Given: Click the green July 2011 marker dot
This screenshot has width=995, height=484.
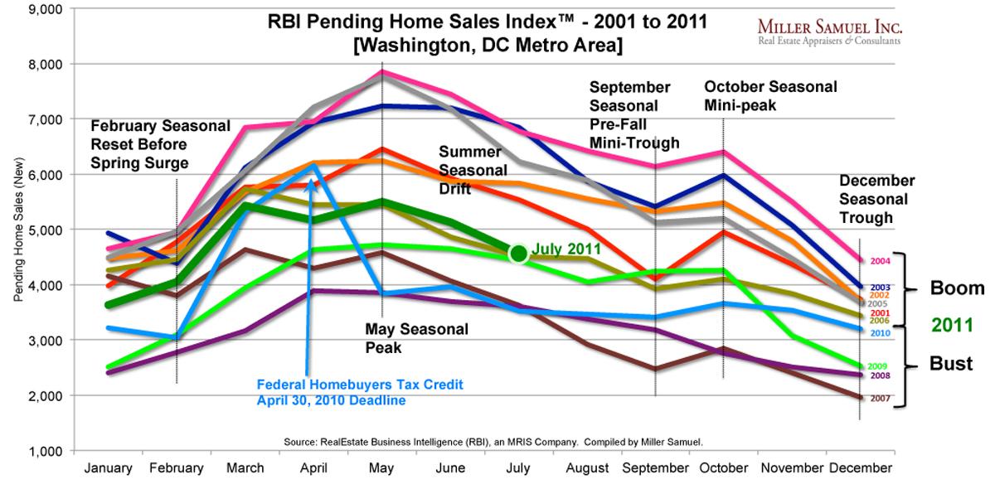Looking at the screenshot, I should (x=519, y=254).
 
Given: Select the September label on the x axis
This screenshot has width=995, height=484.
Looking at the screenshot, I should (x=656, y=468).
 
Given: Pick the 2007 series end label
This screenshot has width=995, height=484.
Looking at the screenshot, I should (x=879, y=399).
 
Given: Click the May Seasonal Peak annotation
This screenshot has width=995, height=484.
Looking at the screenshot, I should (x=416, y=338).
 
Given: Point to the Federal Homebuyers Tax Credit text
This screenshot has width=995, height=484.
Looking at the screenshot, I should (x=358, y=391).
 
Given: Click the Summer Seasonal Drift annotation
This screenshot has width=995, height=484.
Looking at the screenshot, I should (x=470, y=170).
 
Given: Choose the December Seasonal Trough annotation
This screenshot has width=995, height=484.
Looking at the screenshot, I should (x=876, y=199).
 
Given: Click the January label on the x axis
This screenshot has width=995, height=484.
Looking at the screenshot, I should (x=107, y=468).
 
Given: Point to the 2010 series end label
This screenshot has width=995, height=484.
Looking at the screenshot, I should (x=880, y=332).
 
